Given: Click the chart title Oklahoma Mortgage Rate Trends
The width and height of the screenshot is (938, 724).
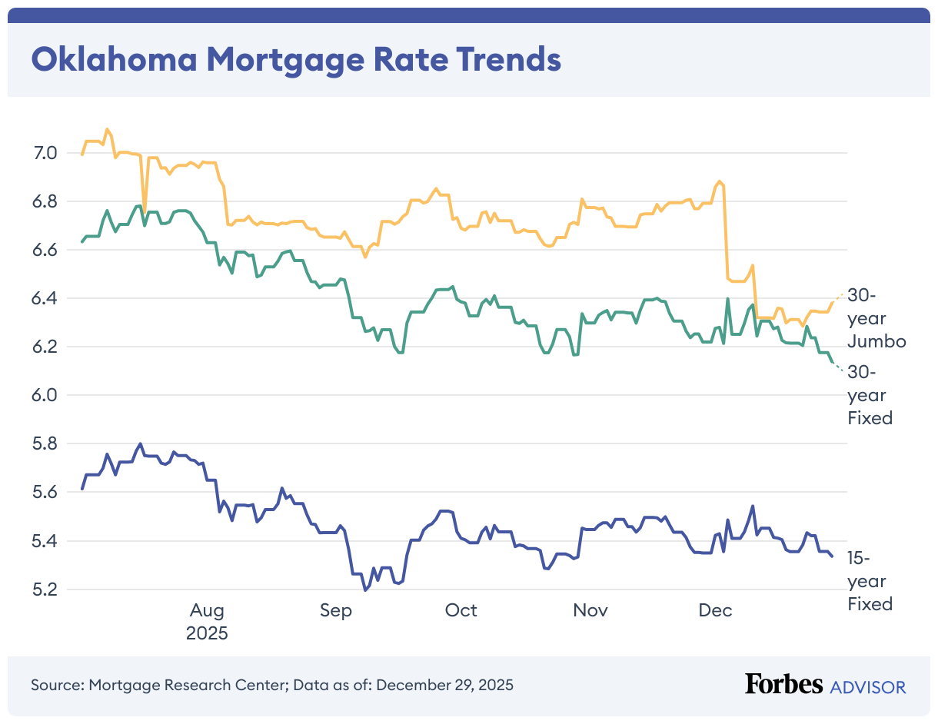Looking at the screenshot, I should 296,59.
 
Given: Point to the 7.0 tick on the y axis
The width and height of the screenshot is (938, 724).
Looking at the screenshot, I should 46,153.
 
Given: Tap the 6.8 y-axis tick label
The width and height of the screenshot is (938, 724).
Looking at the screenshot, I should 46,201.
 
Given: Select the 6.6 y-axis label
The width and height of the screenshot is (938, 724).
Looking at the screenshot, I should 46,250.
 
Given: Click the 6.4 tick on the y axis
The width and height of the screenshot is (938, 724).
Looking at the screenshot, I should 46,298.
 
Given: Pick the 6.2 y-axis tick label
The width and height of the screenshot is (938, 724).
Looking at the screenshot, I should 46,347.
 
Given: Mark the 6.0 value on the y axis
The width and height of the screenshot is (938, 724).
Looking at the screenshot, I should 46,395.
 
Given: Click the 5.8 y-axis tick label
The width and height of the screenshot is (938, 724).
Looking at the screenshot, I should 46,444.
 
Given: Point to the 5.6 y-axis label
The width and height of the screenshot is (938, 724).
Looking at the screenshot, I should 46,493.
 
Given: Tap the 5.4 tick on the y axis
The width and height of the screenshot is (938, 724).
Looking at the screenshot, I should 46,541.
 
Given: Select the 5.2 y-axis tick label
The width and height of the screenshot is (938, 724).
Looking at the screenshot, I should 46,589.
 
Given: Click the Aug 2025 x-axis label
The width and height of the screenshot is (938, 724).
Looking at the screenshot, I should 208,622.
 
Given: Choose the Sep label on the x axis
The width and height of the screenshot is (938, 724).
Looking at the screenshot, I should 335,611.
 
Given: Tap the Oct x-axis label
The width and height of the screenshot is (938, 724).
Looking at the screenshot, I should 461,611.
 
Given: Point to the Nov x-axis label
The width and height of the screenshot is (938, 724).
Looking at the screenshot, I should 590,611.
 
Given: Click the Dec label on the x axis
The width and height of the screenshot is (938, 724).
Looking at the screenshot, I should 715,611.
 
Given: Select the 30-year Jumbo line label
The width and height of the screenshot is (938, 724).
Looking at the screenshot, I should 876,318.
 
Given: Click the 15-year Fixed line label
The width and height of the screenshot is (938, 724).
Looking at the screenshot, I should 870,581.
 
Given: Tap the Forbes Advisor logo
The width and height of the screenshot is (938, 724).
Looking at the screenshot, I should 825,685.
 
